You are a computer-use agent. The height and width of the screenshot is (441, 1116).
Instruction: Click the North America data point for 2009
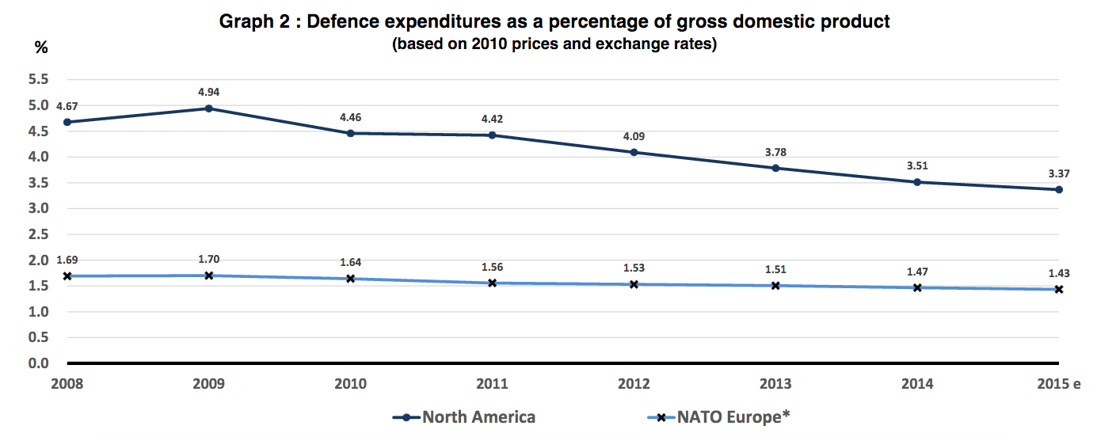point(208,108)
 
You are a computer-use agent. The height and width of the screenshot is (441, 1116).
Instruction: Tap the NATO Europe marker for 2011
point(492,283)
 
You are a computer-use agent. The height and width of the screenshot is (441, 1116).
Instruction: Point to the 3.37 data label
point(1058,173)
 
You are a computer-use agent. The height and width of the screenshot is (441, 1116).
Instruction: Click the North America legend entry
point(464,417)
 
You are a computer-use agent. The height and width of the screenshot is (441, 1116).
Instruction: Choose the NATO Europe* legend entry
point(719,417)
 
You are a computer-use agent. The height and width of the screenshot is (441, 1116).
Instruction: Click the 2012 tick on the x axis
point(634,384)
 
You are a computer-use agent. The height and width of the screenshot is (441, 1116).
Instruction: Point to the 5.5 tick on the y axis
point(39,79)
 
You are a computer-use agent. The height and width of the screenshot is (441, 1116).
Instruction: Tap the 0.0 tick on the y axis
point(39,363)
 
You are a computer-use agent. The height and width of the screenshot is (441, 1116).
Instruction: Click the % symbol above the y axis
point(41,48)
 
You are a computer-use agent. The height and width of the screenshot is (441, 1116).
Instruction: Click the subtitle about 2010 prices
point(554,44)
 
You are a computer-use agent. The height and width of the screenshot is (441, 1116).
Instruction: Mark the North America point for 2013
point(775,168)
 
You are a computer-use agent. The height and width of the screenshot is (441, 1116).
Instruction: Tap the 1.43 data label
point(1058,273)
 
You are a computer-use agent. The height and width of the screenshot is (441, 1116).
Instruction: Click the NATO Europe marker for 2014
point(917,287)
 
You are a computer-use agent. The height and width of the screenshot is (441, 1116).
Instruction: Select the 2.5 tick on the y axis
point(39,234)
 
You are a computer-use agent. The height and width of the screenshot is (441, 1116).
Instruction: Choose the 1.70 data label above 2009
point(208,258)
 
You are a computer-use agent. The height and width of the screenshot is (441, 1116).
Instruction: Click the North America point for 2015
point(1058,189)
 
